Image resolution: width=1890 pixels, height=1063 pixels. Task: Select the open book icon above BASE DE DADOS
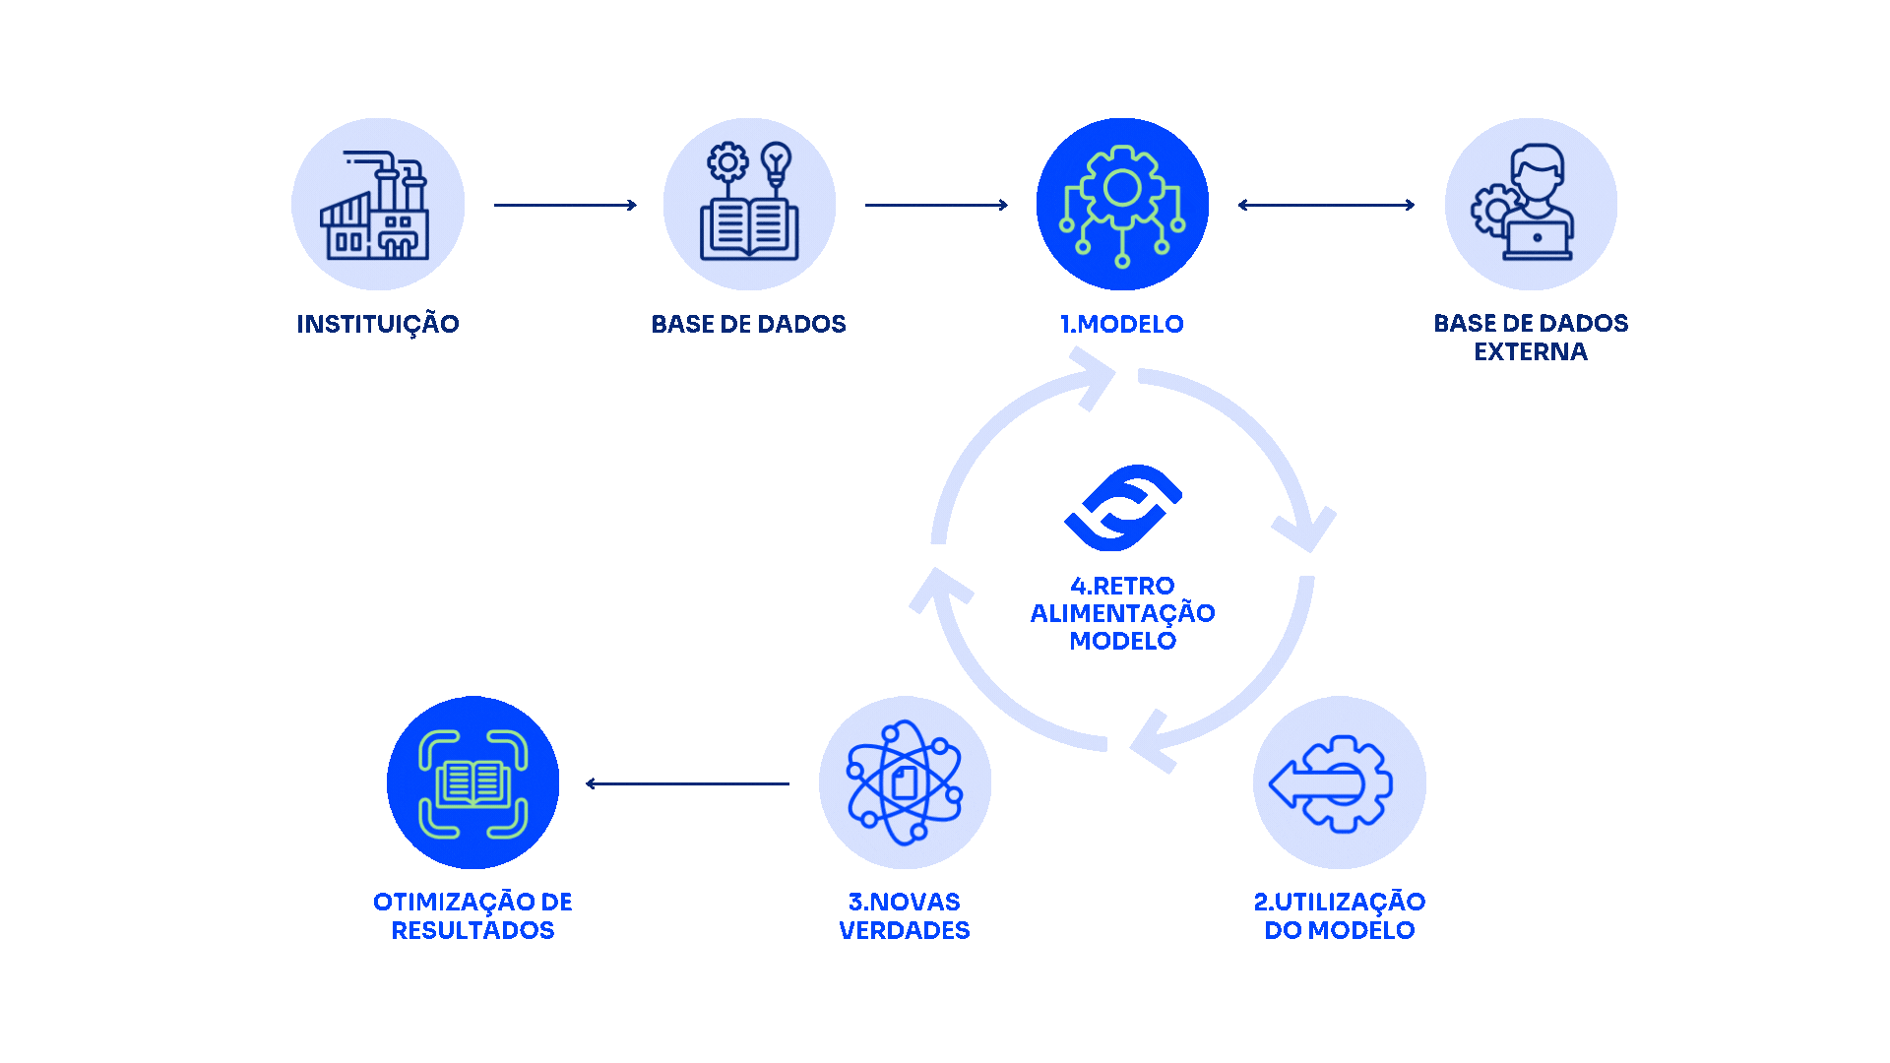click(748, 228)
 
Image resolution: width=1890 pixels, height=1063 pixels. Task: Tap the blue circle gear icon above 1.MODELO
click(1122, 205)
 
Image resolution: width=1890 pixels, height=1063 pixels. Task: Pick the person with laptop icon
click(1526, 203)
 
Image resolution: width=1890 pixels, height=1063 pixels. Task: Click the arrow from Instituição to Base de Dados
click(565, 205)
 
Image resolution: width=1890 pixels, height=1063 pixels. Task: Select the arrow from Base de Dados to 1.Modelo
click(936, 205)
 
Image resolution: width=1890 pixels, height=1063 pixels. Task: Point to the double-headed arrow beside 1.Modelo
click(1326, 205)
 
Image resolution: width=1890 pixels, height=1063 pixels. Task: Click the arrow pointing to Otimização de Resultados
click(687, 783)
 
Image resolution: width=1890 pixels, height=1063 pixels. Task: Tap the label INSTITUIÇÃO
click(378, 324)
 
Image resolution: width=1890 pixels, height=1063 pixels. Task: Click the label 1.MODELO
click(1122, 324)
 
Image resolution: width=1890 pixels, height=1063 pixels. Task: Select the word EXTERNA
click(1531, 352)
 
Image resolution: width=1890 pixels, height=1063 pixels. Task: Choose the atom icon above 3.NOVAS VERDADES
click(905, 783)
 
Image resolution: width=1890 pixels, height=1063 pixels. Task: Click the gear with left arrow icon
click(1332, 783)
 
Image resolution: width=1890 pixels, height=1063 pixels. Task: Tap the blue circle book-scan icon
click(472, 782)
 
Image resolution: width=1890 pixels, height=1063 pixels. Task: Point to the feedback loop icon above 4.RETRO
click(1123, 508)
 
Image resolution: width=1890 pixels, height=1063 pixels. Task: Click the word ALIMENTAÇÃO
click(1123, 613)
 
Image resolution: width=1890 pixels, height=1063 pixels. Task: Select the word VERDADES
click(905, 930)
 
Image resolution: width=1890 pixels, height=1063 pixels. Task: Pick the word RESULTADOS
click(472, 930)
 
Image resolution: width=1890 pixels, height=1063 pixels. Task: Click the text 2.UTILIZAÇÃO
click(1340, 902)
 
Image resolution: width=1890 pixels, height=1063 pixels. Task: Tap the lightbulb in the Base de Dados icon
click(777, 161)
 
